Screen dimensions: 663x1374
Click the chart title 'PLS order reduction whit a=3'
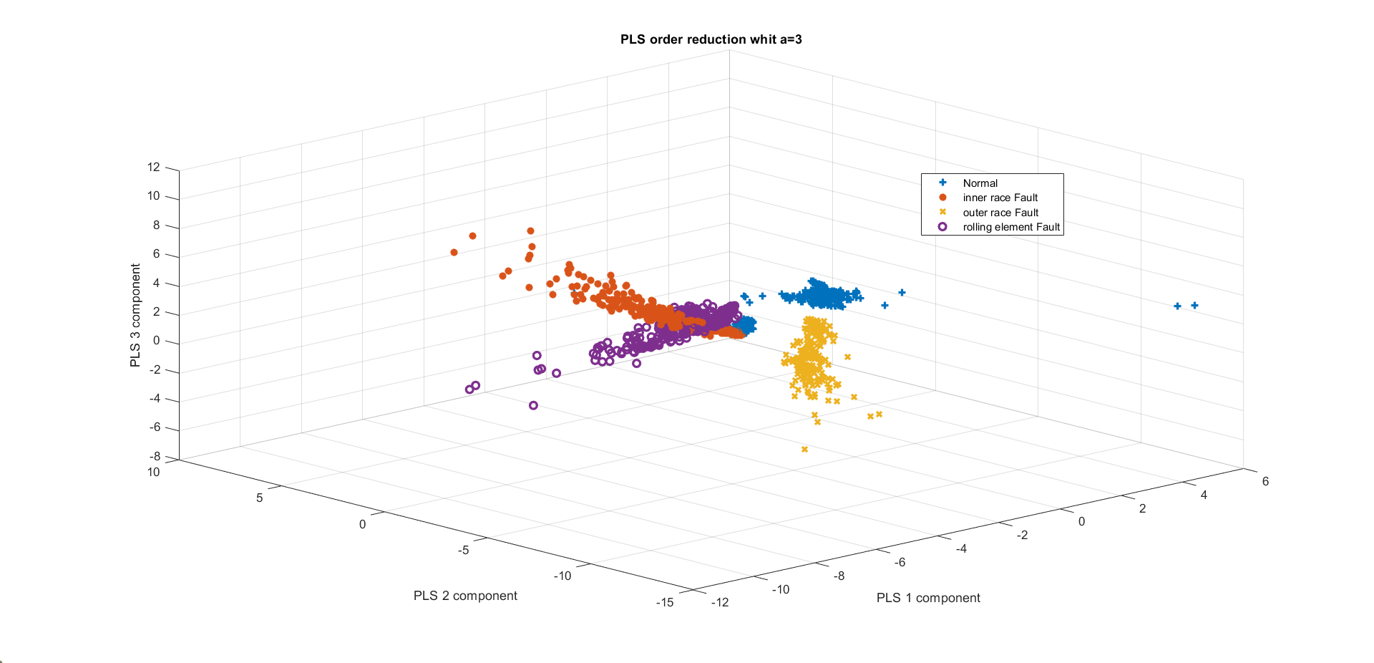pos(711,39)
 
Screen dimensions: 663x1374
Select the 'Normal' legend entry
pos(980,183)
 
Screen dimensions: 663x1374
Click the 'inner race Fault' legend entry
pos(1000,198)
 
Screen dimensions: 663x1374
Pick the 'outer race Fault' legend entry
pos(1000,213)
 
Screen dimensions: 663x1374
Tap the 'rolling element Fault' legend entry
pos(1011,227)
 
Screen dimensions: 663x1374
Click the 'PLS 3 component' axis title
pos(135,315)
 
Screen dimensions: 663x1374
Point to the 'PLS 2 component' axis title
pos(465,596)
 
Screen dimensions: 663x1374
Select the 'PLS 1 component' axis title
pos(928,598)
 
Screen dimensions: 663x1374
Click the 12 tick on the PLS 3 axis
pos(154,168)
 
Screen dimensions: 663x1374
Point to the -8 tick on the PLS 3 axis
pos(155,456)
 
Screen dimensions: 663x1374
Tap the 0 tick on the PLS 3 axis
pos(156,341)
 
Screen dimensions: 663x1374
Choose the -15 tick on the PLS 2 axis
pos(665,602)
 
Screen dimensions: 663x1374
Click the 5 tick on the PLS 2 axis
pos(260,498)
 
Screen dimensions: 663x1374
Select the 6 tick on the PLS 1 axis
pos(1265,481)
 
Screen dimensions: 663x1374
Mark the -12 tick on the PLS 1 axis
pos(720,602)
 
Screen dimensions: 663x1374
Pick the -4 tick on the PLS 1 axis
pos(961,548)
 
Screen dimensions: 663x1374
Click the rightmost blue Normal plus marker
pos(1194,306)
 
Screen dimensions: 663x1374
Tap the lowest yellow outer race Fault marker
pos(804,450)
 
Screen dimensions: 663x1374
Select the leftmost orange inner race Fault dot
pos(454,252)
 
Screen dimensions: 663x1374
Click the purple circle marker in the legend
pos(942,227)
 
